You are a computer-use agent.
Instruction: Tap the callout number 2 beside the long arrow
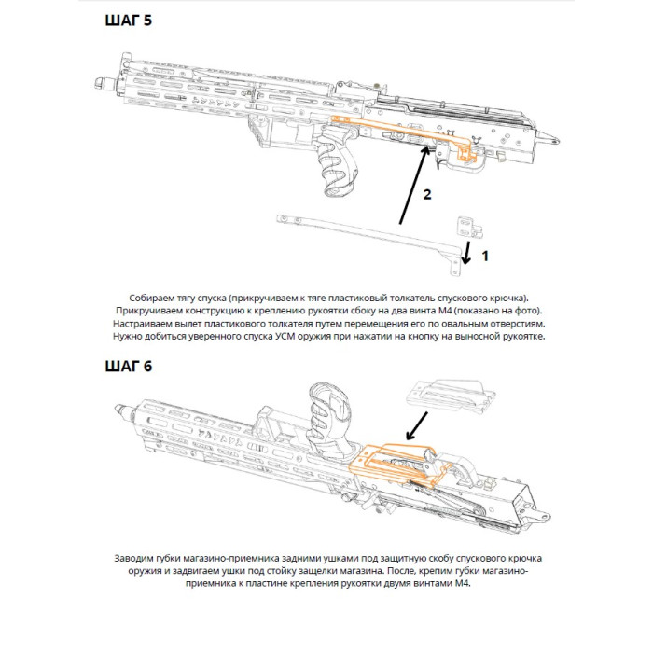(x=426, y=194)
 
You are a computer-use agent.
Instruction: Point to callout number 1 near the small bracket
(x=483, y=253)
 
